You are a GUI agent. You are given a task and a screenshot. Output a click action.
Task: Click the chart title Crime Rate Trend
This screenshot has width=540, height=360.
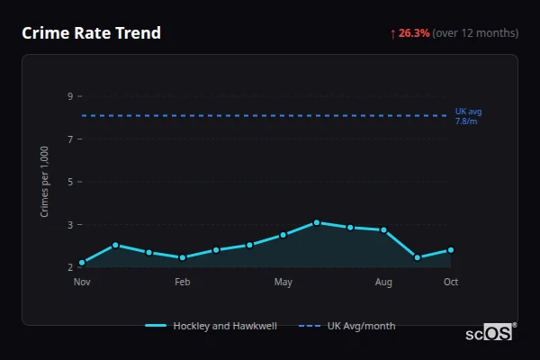click(x=91, y=33)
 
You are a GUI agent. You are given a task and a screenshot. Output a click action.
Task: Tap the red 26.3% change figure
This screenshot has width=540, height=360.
click(x=414, y=33)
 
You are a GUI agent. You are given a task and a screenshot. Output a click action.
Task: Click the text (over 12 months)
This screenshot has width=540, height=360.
click(x=475, y=33)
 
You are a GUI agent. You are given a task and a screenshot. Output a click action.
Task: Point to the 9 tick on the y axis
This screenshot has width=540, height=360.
click(x=69, y=96)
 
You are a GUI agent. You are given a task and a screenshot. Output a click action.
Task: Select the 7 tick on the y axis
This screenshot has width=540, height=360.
click(x=69, y=139)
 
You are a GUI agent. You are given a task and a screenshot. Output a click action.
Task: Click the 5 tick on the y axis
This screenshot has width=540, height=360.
click(x=69, y=182)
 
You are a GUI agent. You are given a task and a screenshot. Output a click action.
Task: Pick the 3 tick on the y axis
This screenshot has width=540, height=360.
click(x=69, y=224)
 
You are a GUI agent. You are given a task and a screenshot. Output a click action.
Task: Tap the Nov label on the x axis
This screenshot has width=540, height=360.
click(x=82, y=283)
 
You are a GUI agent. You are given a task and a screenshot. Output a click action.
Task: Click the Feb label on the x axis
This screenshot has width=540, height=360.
click(x=183, y=283)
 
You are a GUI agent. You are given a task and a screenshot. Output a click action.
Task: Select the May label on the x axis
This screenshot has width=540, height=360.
click(x=283, y=283)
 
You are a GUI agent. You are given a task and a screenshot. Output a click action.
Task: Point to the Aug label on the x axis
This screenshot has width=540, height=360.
click(x=383, y=283)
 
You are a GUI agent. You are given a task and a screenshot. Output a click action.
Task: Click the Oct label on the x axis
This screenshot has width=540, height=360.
click(x=451, y=283)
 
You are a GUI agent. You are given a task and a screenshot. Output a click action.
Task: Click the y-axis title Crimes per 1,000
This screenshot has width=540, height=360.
click(x=45, y=181)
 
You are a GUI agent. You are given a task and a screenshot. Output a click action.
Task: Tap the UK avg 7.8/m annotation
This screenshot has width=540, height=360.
click(x=467, y=116)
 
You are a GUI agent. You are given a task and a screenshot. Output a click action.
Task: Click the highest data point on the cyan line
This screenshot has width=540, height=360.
click(x=317, y=222)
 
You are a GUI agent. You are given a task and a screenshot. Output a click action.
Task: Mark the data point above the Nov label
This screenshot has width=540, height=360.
click(x=82, y=263)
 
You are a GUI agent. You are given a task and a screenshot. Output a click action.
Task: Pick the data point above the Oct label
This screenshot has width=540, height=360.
click(x=451, y=250)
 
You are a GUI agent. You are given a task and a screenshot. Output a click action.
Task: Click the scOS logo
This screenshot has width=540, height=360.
click(x=490, y=333)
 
